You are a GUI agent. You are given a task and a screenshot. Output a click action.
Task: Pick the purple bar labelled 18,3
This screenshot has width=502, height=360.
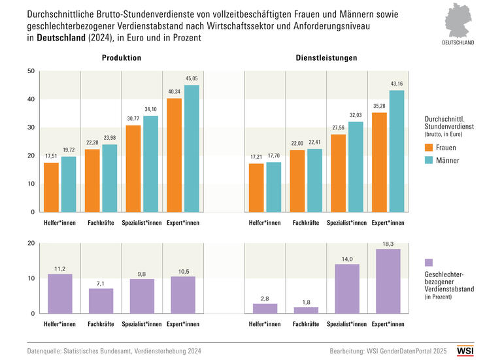pos(388,281)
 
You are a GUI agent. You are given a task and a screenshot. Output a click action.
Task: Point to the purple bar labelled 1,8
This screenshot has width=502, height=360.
pos(306,310)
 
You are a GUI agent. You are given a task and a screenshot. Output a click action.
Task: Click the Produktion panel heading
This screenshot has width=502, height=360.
pos(122,58)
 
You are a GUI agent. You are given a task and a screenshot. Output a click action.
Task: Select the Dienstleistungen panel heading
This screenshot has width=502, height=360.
pos(326,58)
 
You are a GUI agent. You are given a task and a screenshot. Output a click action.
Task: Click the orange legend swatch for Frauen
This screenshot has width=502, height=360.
pos(429,147)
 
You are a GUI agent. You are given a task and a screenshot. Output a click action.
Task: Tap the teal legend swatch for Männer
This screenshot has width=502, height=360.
pos(429,160)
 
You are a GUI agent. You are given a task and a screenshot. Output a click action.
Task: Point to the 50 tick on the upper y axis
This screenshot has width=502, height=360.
pos(30,71)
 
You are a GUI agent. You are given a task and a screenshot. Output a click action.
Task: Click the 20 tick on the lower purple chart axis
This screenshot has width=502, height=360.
pos(30,244)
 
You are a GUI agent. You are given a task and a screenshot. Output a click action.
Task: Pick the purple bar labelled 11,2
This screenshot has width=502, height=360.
pos(60,293)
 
